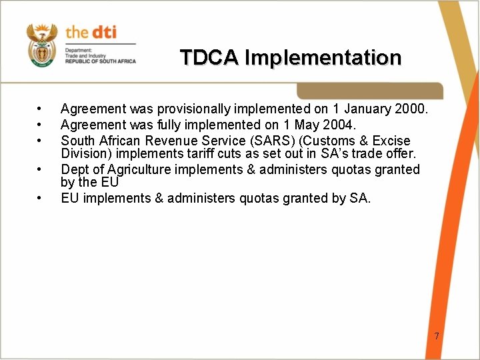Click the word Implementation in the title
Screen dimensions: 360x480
pos(323,58)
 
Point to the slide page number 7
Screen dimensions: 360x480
pos(437,336)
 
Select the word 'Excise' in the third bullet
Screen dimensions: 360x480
pos(391,141)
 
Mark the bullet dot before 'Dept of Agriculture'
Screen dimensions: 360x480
pos(41,170)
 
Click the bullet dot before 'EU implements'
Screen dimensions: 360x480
pos(41,198)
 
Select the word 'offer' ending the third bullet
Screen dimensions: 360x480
pos(399,154)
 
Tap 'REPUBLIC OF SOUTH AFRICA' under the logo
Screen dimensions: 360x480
pos(100,61)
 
